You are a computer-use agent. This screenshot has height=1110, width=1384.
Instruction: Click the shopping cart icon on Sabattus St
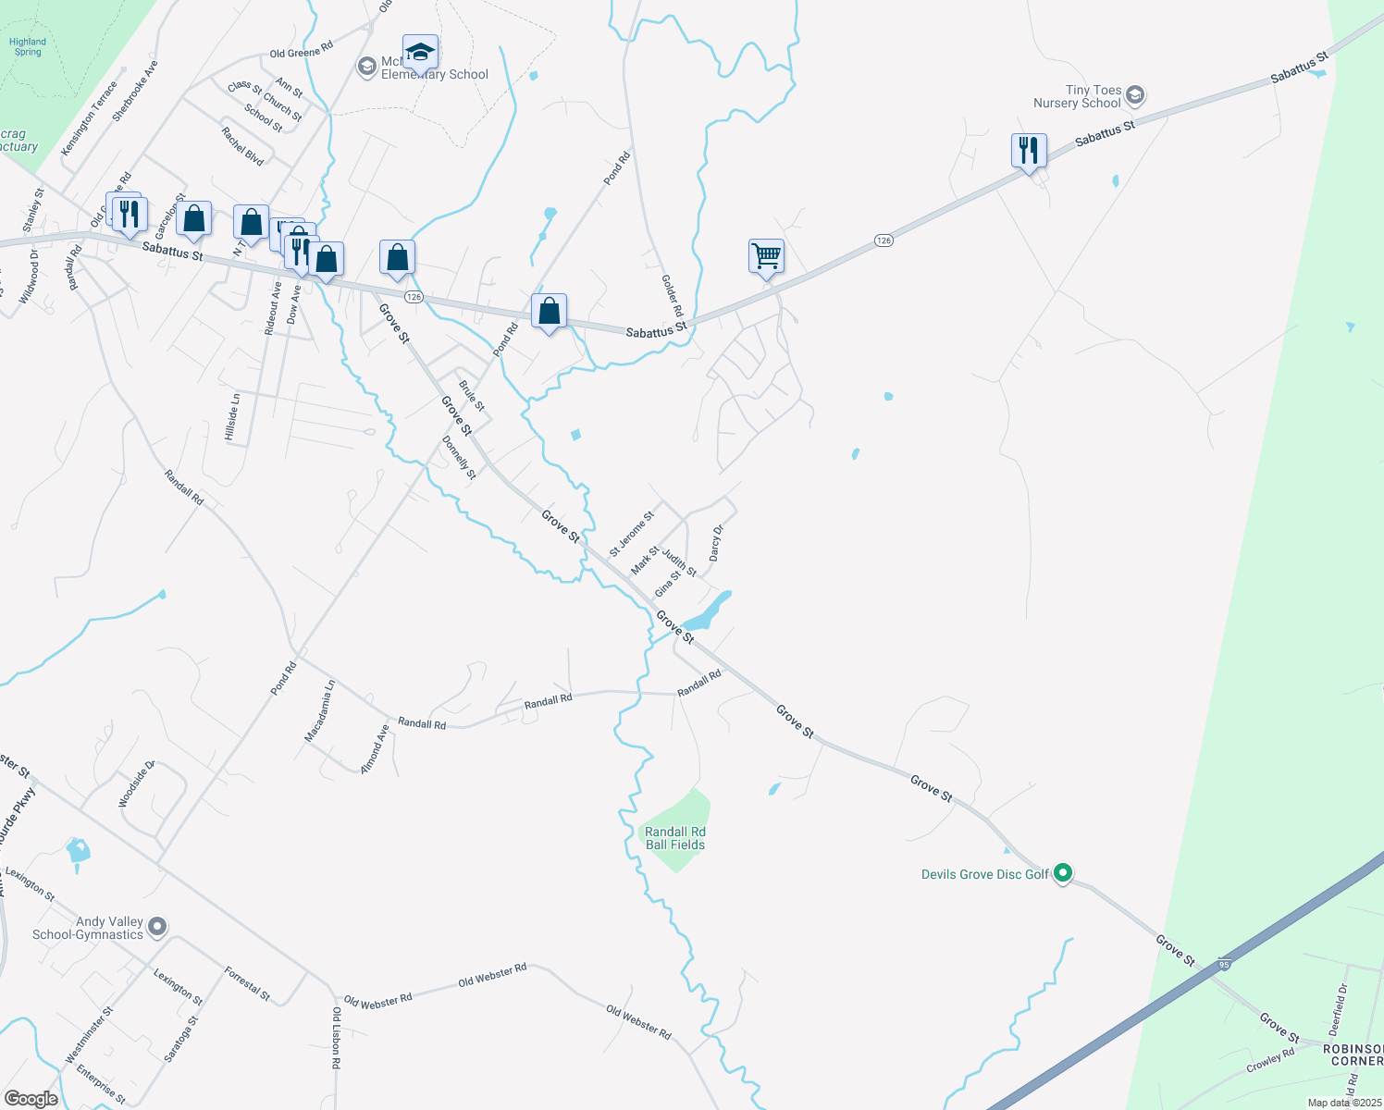[x=766, y=255]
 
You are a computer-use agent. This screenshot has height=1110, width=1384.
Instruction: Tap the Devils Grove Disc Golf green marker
[x=1063, y=872]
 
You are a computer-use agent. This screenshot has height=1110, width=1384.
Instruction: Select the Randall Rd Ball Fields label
[x=675, y=838]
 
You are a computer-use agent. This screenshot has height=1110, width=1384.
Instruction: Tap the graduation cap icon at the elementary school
[x=420, y=53]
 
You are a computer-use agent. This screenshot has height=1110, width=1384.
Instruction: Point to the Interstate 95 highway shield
[x=1224, y=964]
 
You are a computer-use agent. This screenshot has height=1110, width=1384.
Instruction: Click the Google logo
[x=31, y=1099]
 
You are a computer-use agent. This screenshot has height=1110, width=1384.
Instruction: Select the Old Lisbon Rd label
[x=337, y=1038]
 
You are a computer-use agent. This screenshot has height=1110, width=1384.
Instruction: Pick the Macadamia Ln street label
[x=320, y=711]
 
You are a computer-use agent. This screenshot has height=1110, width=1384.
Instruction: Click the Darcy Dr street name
[x=715, y=543]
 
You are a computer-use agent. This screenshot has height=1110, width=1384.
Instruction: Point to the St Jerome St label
[x=632, y=534]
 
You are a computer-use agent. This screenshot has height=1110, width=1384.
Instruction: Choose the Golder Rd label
[x=672, y=295]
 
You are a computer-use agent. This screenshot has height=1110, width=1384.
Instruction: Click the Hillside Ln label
[x=233, y=417]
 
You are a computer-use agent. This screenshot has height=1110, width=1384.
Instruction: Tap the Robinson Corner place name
[x=1353, y=1054]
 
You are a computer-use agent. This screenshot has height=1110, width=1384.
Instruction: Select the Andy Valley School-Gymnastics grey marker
[x=157, y=926]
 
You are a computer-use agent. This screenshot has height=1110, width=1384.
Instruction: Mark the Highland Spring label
[x=28, y=47]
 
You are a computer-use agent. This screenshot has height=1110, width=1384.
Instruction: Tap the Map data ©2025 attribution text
[x=1343, y=1103]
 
